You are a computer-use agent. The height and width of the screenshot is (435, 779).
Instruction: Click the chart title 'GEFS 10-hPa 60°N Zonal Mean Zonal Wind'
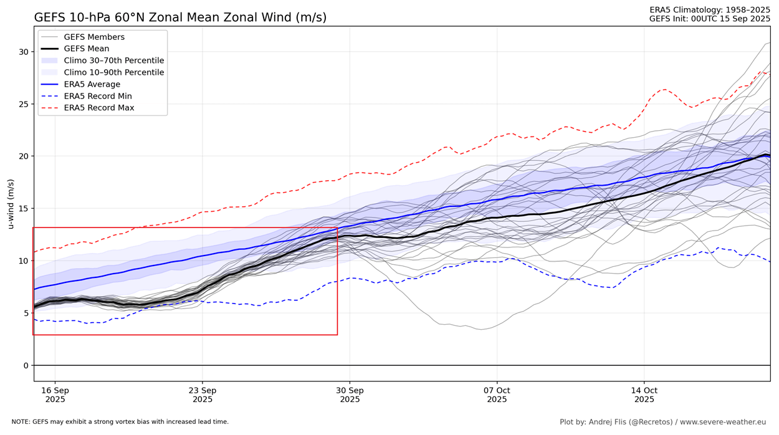click(180, 17)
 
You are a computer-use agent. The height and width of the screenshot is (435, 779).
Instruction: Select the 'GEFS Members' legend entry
click(93, 37)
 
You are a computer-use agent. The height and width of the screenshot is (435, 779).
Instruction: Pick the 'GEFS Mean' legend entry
click(86, 49)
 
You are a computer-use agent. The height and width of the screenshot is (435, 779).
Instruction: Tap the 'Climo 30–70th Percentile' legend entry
click(113, 61)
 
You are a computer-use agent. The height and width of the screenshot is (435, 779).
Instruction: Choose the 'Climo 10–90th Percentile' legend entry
click(113, 73)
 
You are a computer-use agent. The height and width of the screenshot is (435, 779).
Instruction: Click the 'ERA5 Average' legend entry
click(92, 85)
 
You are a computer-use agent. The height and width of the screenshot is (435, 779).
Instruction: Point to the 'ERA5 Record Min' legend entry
click(97, 97)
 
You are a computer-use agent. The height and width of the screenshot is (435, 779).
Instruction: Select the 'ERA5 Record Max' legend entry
click(98, 108)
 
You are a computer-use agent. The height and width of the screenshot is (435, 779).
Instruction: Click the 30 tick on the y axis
click(23, 52)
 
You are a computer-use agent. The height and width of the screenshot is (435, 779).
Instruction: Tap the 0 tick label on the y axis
click(26, 366)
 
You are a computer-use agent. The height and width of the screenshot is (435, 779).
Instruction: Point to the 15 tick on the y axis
click(23, 209)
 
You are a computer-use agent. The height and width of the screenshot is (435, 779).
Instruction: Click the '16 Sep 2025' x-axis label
click(55, 394)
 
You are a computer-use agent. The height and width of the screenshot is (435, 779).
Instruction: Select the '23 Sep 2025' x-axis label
click(202, 394)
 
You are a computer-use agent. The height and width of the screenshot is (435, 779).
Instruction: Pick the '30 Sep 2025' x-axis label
click(350, 394)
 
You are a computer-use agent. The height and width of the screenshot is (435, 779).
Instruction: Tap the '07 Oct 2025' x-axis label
click(497, 394)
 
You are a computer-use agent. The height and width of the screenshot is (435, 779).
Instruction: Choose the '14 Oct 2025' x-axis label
click(644, 394)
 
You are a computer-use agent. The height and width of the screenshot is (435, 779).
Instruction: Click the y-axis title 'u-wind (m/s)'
click(11, 204)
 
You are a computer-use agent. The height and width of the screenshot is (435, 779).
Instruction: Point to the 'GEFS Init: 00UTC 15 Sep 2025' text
click(710, 19)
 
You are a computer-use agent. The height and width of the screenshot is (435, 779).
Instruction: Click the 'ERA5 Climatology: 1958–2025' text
click(710, 9)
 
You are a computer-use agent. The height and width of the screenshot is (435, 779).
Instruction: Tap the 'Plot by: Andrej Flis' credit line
click(662, 423)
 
